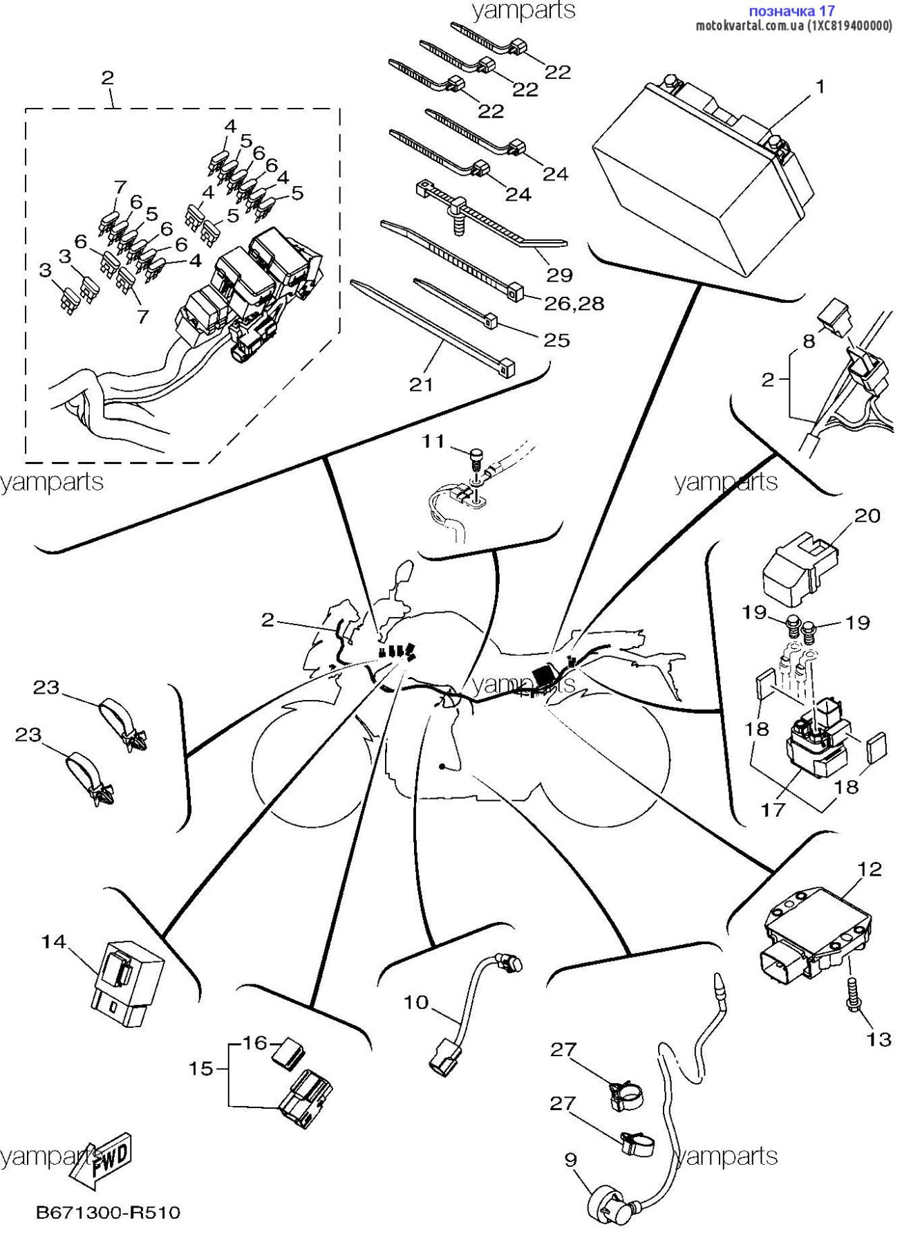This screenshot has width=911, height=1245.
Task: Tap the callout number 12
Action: [870, 869]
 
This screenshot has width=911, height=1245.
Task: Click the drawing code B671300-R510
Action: [108, 1212]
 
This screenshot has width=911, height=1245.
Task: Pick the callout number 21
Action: [421, 384]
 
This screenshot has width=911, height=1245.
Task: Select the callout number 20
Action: [867, 515]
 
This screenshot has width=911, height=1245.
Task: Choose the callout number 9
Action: [570, 1159]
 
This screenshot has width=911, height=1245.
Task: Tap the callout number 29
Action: [559, 275]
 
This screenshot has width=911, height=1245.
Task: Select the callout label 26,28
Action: [574, 303]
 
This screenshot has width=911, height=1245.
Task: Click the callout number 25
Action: [556, 340]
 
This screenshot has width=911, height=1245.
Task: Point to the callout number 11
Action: [433, 441]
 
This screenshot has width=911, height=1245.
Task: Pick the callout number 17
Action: [773, 809]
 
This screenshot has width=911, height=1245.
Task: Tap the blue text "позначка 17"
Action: [791, 11]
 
